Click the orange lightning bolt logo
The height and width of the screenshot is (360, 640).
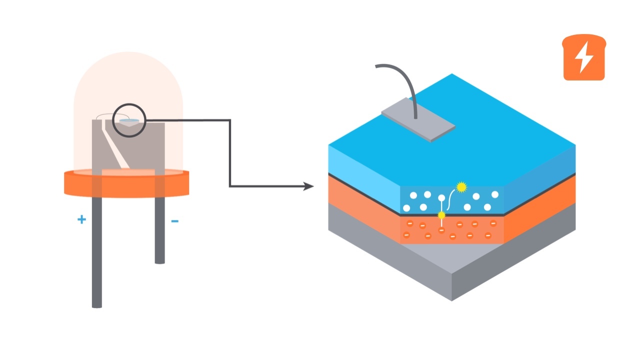point(583,57)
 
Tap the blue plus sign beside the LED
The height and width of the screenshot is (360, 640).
point(81,219)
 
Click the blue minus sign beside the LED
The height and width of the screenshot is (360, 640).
point(175,220)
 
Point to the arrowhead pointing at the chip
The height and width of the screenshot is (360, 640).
point(309,186)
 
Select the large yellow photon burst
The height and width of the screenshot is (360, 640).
point(461,187)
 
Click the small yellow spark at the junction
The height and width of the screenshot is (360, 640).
point(441,215)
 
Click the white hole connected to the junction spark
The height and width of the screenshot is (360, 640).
point(441,198)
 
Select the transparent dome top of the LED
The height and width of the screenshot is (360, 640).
point(128,75)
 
